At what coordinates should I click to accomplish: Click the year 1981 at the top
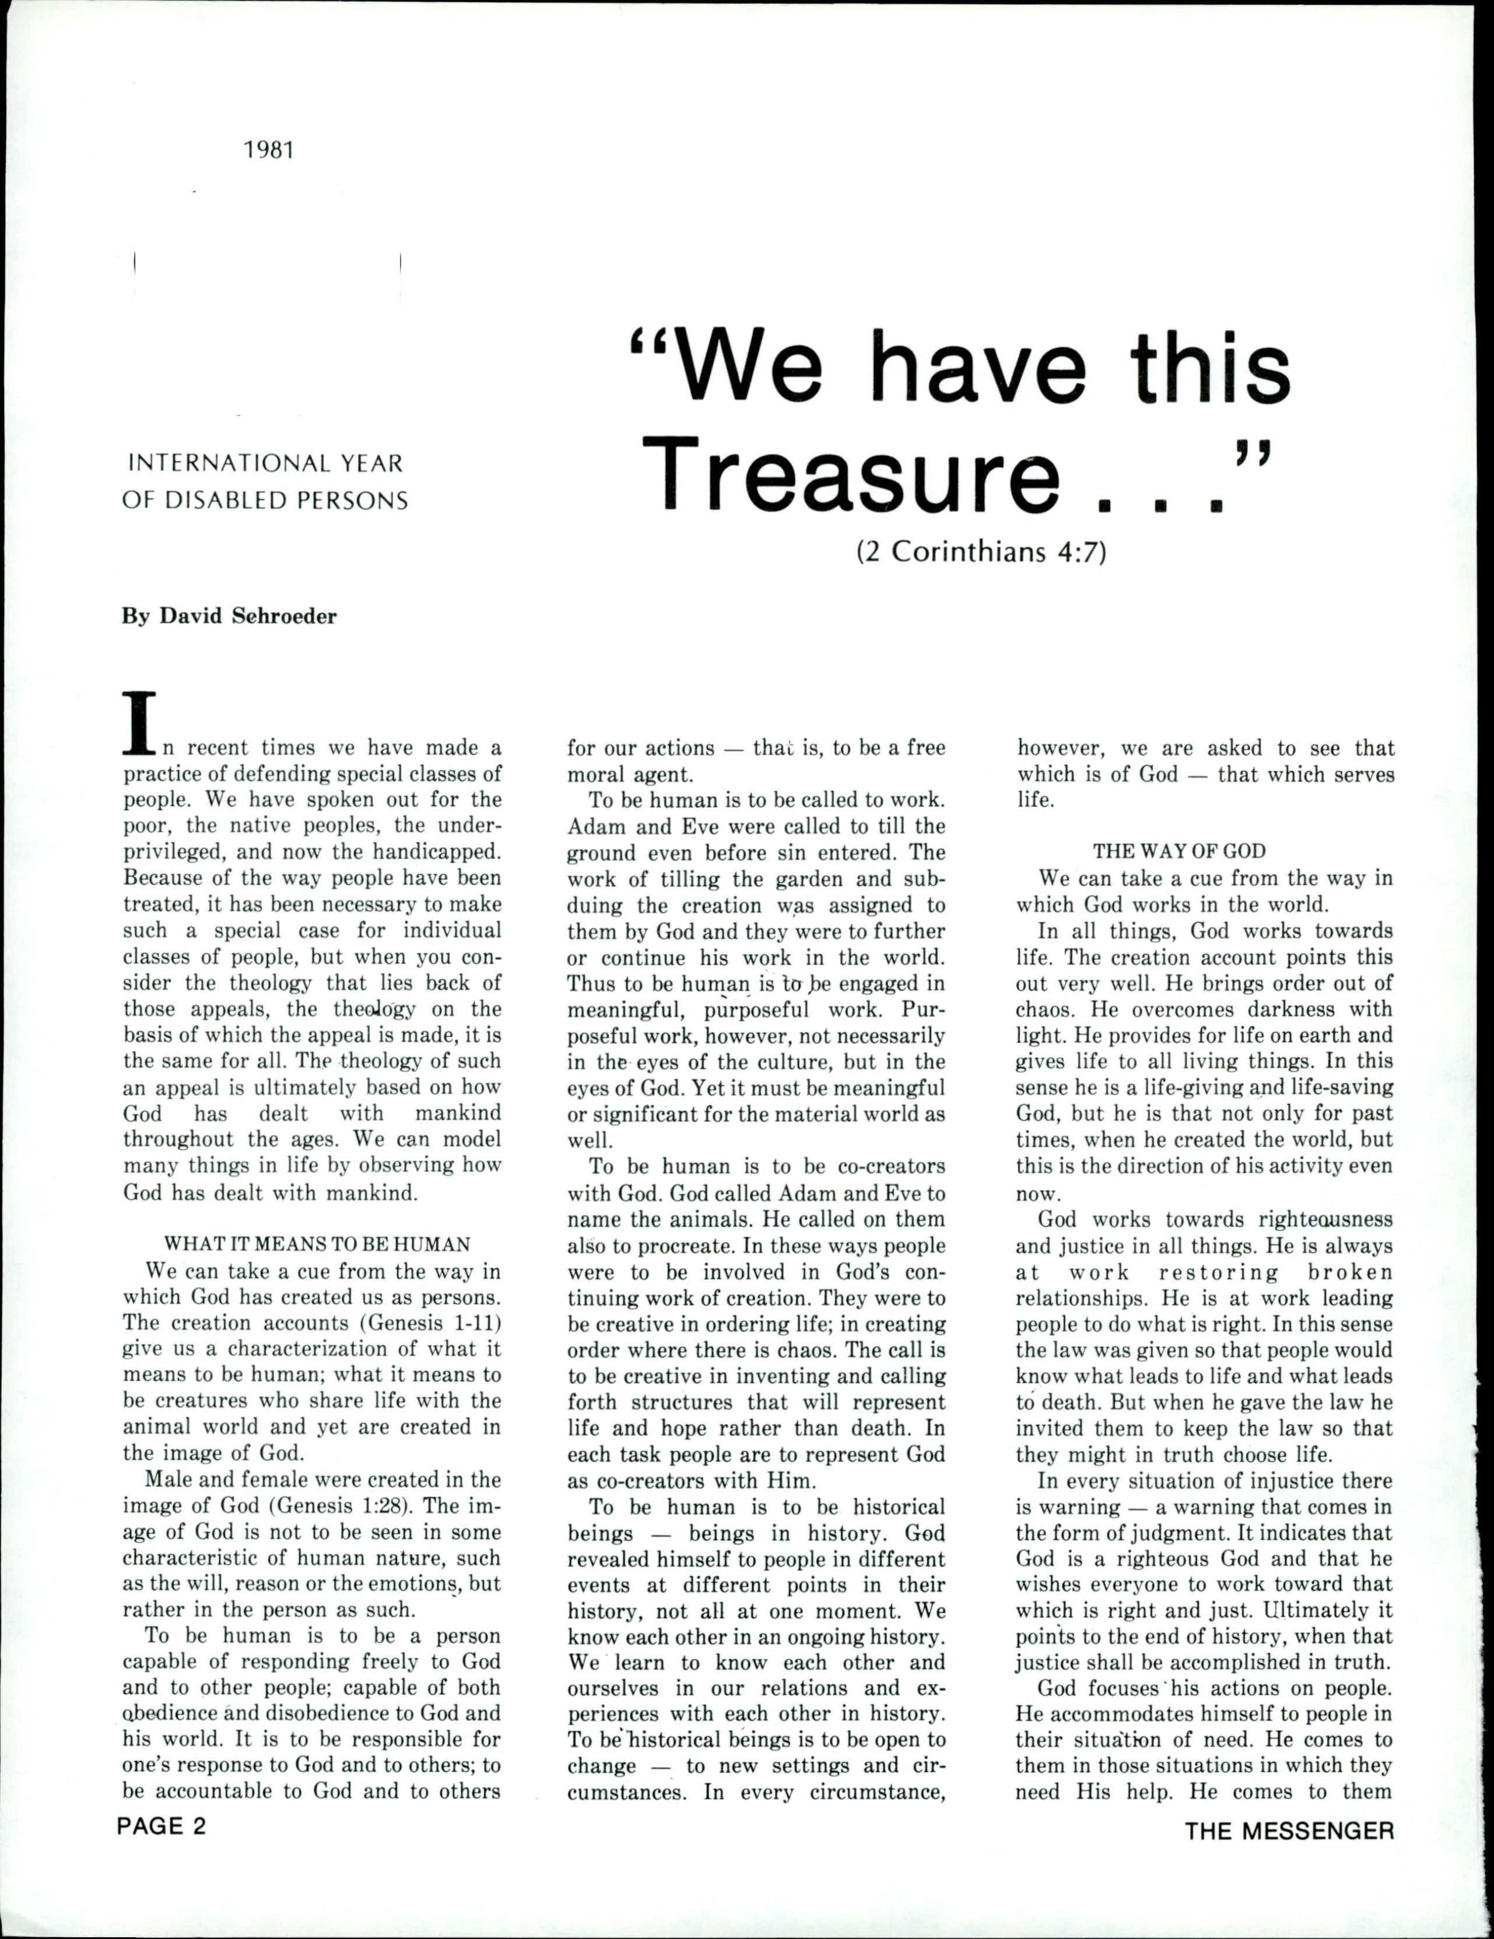[x=268, y=150]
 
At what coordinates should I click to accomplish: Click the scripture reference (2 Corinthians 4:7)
[x=981, y=553]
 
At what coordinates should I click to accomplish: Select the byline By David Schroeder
[x=229, y=616]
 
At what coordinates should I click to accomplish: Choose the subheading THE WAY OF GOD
[x=1179, y=850]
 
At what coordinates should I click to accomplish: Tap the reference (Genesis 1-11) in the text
[x=430, y=1322]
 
